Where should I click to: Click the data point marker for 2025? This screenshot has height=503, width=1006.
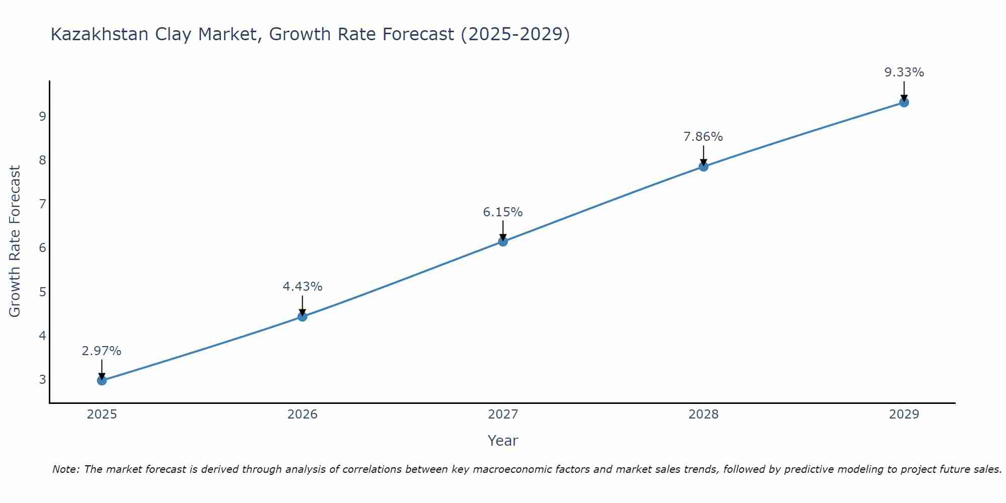tap(102, 380)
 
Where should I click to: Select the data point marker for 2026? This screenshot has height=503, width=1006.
tap(302, 316)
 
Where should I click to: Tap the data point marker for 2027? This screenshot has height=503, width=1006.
tap(503, 241)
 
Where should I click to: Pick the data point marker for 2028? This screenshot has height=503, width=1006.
tap(703, 166)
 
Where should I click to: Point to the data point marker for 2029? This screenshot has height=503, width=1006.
tap(904, 103)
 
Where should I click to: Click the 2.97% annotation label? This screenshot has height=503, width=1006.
tap(102, 351)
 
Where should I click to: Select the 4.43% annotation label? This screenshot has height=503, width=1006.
tap(302, 287)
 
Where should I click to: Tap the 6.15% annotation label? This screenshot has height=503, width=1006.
tap(503, 212)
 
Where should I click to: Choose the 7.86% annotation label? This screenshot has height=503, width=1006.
tap(703, 137)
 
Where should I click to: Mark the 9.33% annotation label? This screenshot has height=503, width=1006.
tap(904, 72)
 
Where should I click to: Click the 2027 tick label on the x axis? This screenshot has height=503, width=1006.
tap(503, 414)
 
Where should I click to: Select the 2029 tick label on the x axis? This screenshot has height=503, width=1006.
tap(904, 414)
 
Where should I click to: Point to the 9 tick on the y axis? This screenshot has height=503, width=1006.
tap(42, 117)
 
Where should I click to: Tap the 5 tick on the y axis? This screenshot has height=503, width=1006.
tap(42, 292)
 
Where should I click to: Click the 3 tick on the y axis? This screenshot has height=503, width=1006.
tap(42, 379)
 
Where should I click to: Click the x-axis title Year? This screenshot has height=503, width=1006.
tap(503, 441)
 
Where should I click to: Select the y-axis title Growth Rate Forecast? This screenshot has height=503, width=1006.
tap(15, 241)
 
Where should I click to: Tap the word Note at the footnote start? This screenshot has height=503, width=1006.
tap(65, 469)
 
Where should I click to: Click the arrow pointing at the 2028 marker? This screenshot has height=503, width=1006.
tap(703, 155)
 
